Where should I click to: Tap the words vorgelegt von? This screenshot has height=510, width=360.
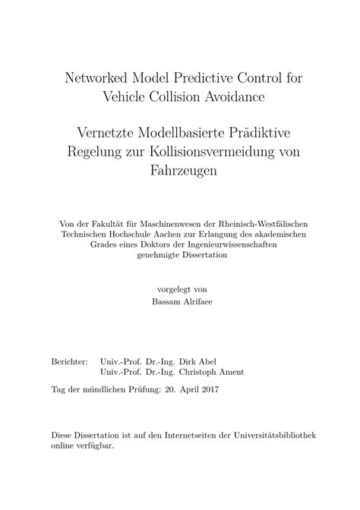point(179,289)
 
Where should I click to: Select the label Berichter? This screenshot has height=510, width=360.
point(69,362)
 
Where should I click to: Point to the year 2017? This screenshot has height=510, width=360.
point(206,389)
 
